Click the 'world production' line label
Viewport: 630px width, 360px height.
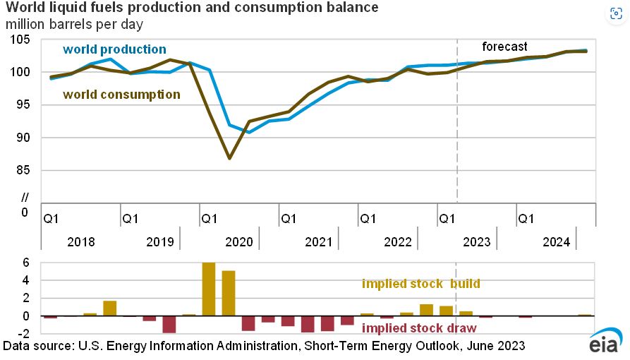[114, 49]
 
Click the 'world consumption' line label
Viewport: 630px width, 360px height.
[121, 94]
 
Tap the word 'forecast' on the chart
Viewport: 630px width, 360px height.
[504, 47]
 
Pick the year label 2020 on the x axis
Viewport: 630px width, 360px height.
[238, 242]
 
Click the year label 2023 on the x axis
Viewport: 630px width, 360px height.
[476, 242]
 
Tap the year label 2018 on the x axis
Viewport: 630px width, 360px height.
[80, 242]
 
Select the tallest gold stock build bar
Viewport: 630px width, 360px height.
[209, 289]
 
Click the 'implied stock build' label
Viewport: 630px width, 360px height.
[420, 284]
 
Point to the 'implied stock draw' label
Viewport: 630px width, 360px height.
[418, 328]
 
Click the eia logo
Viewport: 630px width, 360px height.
[605, 342]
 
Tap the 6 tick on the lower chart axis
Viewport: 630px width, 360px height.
[25, 263]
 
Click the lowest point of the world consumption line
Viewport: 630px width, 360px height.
[230, 158]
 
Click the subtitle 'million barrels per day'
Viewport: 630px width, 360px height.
[74, 24]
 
